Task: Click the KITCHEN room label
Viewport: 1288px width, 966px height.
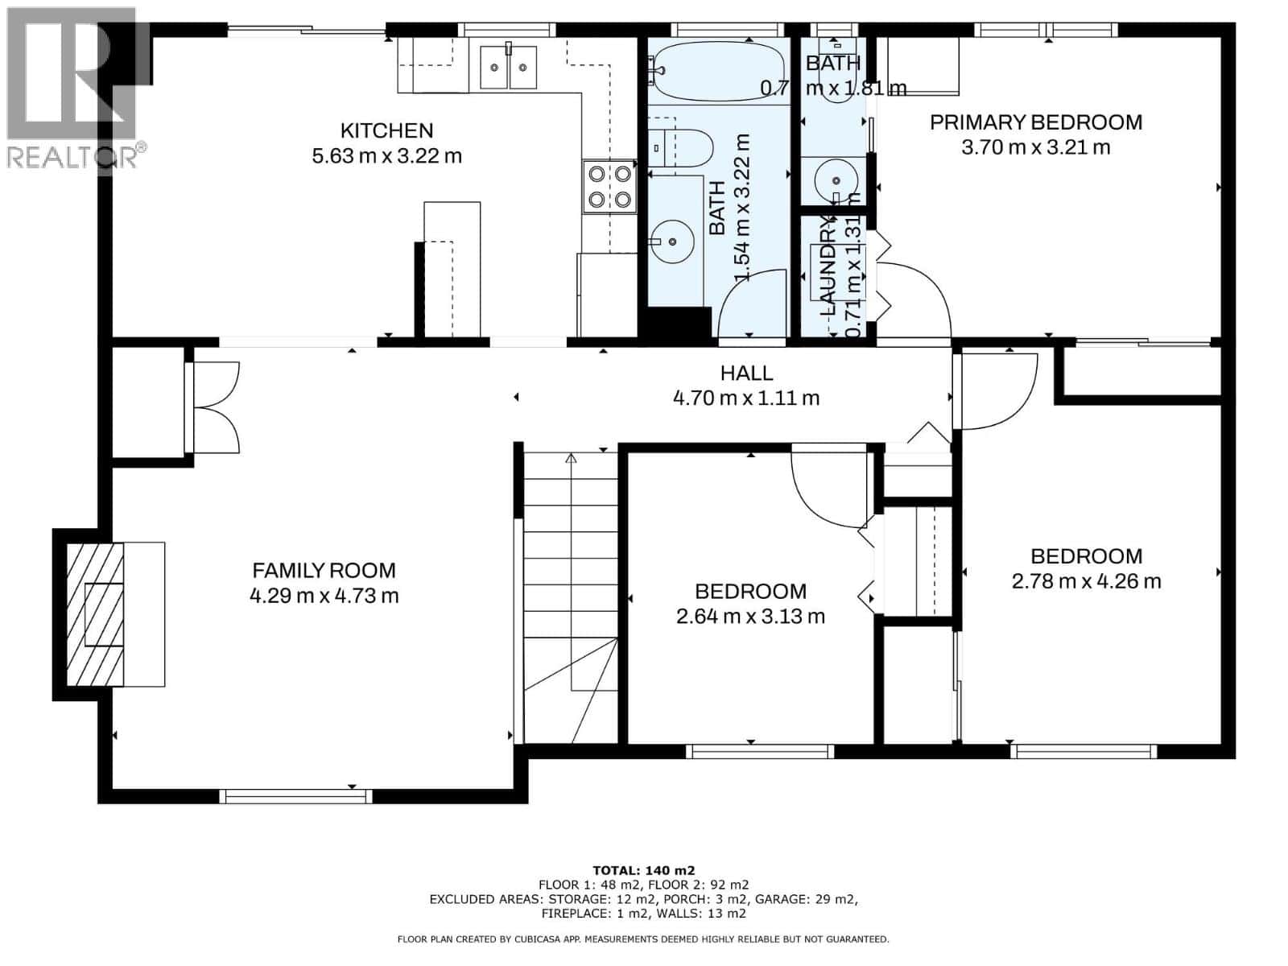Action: [x=386, y=130]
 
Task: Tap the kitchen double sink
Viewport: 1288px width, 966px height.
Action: [x=508, y=68]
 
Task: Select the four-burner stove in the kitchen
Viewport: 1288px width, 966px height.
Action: [x=609, y=186]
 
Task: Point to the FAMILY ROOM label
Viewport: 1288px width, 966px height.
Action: [x=324, y=571]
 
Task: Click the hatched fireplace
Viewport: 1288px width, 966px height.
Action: [x=95, y=614]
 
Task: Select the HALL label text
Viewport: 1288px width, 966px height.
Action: [x=746, y=373]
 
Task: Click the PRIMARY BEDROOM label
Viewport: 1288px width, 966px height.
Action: [x=1035, y=122]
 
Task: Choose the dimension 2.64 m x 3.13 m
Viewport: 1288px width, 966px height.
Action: [x=750, y=617]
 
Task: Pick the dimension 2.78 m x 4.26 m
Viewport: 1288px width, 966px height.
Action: [x=1086, y=581]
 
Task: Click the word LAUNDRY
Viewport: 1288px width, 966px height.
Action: [x=829, y=266]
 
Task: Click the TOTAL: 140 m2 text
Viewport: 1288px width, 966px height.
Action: [x=643, y=870]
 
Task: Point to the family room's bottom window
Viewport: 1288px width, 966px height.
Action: [x=295, y=796]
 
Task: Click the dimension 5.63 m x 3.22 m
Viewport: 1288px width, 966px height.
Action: [x=386, y=156]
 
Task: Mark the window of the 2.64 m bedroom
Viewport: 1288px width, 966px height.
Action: [x=759, y=751]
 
